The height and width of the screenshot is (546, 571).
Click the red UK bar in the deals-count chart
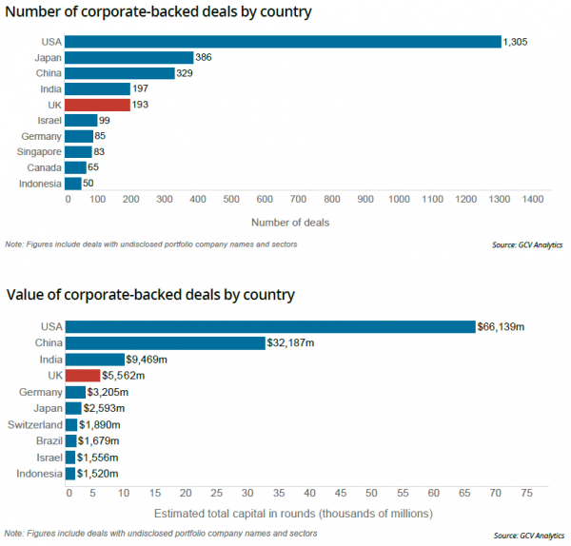(98, 104)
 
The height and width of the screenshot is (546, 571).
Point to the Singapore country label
(39, 151)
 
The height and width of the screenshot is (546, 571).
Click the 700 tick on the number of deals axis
(299, 200)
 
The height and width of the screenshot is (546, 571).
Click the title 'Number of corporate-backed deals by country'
(159, 12)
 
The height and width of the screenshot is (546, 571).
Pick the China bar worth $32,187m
(166, 343)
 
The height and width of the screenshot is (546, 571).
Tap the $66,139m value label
(502, 326)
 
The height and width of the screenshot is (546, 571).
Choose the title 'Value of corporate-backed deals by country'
(150, 295)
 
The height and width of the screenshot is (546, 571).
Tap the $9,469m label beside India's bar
(147, 360)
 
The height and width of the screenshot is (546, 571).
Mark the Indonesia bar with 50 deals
(75, 184)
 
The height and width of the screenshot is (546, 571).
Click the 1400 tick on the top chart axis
(531, 200)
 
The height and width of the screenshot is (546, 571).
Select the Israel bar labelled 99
(82, 120)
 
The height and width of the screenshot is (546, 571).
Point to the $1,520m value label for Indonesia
(97, 473)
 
